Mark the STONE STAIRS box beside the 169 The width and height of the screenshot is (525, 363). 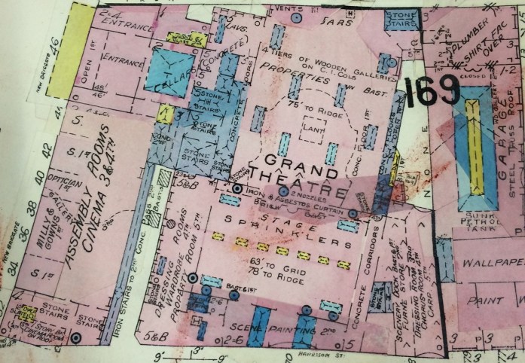coord(400,19)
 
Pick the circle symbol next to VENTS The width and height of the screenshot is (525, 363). coord(296,16)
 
